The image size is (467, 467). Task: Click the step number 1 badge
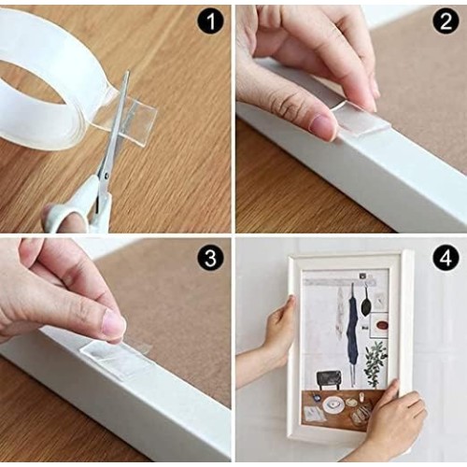210,21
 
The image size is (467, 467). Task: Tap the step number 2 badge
446,21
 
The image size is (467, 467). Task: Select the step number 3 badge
210,258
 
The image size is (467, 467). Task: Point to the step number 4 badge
446,258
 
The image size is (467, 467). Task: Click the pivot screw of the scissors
106,176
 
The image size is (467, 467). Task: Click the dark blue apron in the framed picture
353,330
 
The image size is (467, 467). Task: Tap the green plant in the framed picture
375,362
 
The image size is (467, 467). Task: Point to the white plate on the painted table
333,403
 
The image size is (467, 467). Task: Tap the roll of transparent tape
47,81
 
